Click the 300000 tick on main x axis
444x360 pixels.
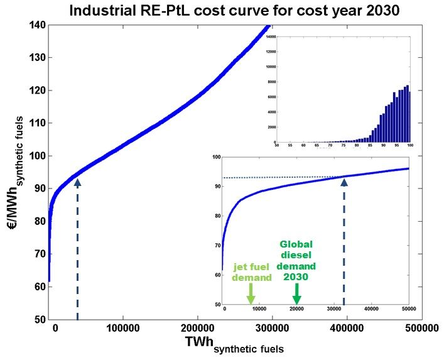pos(271,328)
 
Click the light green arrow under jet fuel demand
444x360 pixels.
pos(251,293)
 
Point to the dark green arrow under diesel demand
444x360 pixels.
pos(297,293)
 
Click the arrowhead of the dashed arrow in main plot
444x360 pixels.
pos(77,182)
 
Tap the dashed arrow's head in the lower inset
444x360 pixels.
pos(344,181)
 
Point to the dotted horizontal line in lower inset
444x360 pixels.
pos(283,177)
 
